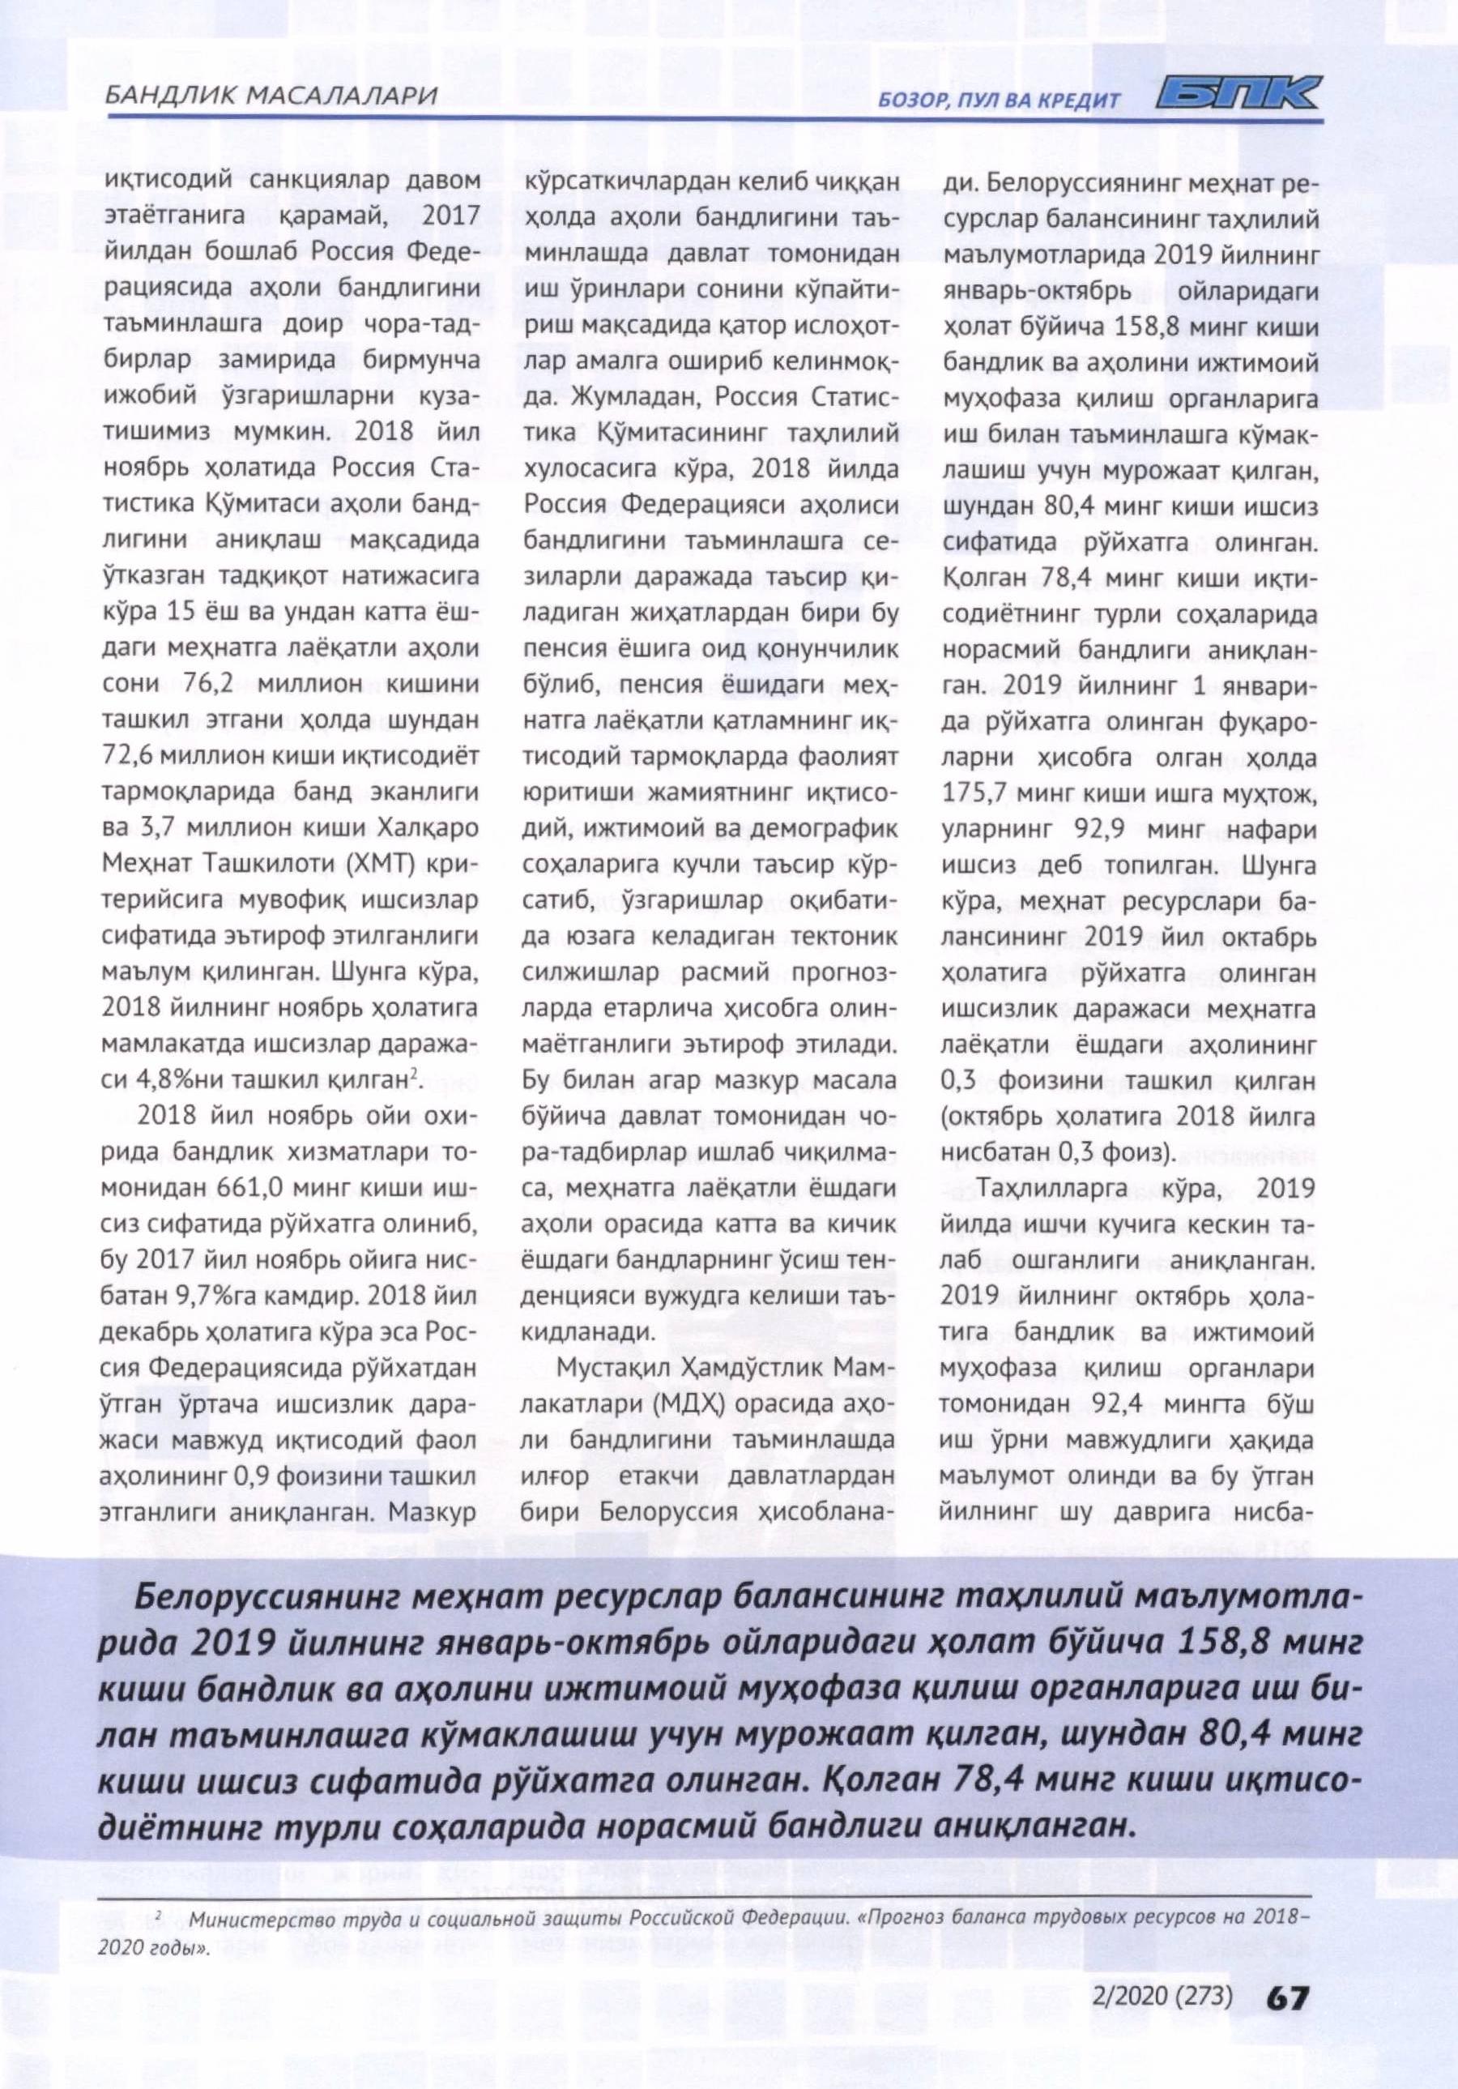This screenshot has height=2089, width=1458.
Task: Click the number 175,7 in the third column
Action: [x=976, y=794]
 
